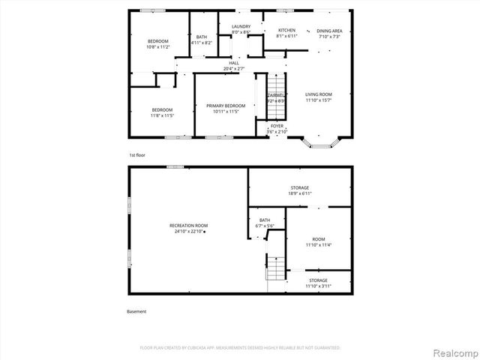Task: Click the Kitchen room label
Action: coord(286,33)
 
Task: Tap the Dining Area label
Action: coord(328,33)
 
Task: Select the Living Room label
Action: coord(318,97)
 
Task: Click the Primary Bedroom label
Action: coord(225,109)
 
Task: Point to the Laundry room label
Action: coord(241,29)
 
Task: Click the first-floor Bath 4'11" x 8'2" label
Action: coord(202,40)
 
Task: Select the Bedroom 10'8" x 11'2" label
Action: coord(157,43)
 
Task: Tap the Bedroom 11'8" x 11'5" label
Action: coord(161,112)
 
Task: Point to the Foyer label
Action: coord(277,129)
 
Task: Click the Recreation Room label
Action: coord(188,228)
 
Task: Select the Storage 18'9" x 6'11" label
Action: coord(300,190)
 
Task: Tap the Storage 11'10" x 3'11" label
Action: coord(318,283)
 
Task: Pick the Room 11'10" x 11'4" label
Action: coord(319,242)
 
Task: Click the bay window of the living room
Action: coord(324,140)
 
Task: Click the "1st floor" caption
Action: coord(136,154)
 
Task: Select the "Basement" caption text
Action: coord(136,311)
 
